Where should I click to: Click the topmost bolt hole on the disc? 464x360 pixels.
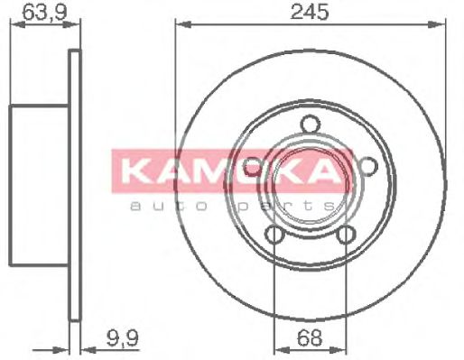tap(310, 125)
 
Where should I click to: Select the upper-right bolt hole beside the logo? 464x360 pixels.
tap(367, 165)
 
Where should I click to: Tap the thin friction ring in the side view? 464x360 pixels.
tap(75, 180)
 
